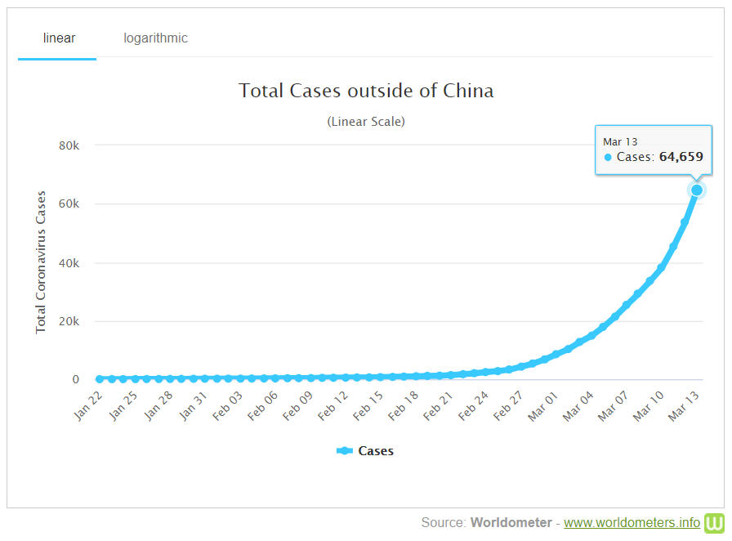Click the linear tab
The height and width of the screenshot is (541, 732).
pos(58,38)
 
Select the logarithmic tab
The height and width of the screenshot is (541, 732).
pos(155,38)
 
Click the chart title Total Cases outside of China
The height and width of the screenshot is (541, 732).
pos(366,91)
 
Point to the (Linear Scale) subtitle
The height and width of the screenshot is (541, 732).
pos(366,122)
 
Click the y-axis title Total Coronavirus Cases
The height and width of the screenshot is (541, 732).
pos(41,262)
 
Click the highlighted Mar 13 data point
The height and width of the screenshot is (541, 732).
pos(697,190)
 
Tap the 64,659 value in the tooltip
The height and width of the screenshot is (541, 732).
pos(681,157)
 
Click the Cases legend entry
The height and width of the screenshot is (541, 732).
pos(365,451)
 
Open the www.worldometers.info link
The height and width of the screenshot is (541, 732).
pos(632,523)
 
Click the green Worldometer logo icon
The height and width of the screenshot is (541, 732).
pos(715,523)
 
